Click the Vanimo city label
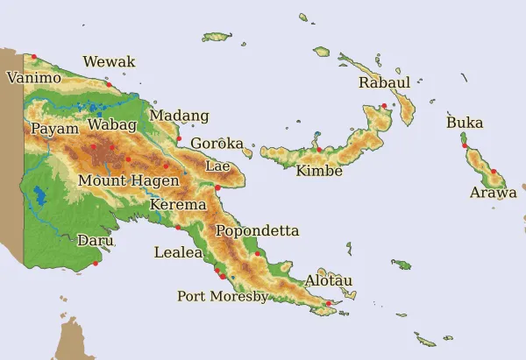(34, 78)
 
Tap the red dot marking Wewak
(109, 84)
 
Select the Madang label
(180, 116)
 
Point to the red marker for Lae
(217, 187)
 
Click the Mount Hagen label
(129, 180)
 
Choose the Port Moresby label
(223, 296)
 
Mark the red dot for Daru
(96, 263)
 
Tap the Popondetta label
(257, 231)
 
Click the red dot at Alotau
(329, 304)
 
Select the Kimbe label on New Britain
(319, 171)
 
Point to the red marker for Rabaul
(384, 106)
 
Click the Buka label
(465, 124)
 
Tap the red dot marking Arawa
(494, 172)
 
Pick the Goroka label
(217, 144)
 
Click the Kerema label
(179, 205)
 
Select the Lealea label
(178, 252)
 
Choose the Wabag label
(112, 126)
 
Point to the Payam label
(54, 129)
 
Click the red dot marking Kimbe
(319, 150)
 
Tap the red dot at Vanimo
(34, 58)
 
